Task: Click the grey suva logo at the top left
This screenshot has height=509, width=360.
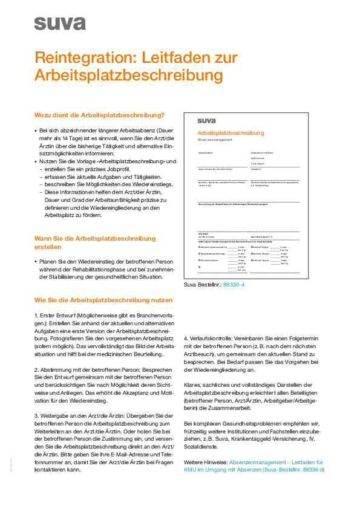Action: pos(52,22)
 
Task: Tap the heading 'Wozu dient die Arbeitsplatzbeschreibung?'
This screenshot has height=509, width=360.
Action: pos(99,115)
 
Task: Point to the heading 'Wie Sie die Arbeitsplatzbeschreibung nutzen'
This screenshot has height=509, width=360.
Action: pos(103,300)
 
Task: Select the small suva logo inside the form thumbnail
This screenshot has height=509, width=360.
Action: pos(206,120)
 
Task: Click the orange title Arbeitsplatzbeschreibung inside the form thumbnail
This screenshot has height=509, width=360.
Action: pos(231,133)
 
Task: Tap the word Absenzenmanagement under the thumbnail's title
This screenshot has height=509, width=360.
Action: pos(215,140)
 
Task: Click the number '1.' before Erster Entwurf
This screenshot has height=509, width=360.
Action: pos(37,316)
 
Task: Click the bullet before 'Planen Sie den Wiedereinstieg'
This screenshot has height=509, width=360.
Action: pos(36,262)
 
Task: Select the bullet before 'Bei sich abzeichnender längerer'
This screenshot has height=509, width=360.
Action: pos(36,130)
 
